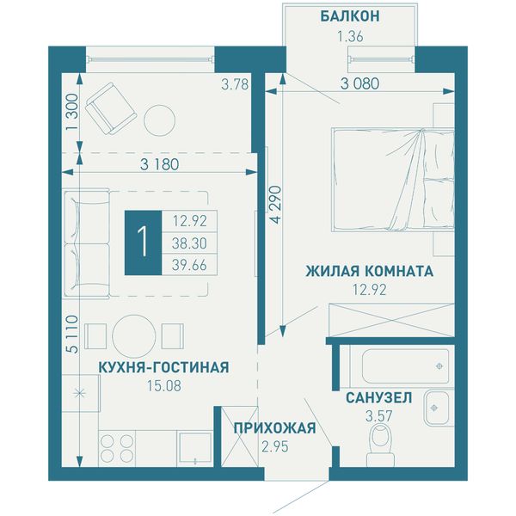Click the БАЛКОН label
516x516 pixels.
point(350,16)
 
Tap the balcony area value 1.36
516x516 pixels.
point(350,36)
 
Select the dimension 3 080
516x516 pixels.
point(360,84)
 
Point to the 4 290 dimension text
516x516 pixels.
point(277,205)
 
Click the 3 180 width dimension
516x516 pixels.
point(160,164)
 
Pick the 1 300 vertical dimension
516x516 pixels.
point(72,112)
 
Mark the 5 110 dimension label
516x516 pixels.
point(72,335)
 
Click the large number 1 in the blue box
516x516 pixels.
point(143,243)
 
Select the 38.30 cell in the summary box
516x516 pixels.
point(189,243)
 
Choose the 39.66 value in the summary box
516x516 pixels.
point(189,265)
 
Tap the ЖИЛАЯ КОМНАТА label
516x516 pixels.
point(370,272)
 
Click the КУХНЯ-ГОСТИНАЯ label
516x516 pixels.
point(164,367)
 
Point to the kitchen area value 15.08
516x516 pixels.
point(164,386)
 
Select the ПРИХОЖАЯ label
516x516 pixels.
point(275,428)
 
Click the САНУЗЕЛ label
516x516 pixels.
point(378,398)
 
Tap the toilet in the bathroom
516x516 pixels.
point(380,445)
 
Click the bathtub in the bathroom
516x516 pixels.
point(405,366)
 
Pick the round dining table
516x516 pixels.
point(133,336)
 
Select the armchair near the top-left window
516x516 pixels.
point(111,108)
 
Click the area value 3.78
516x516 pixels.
point(235,84)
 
